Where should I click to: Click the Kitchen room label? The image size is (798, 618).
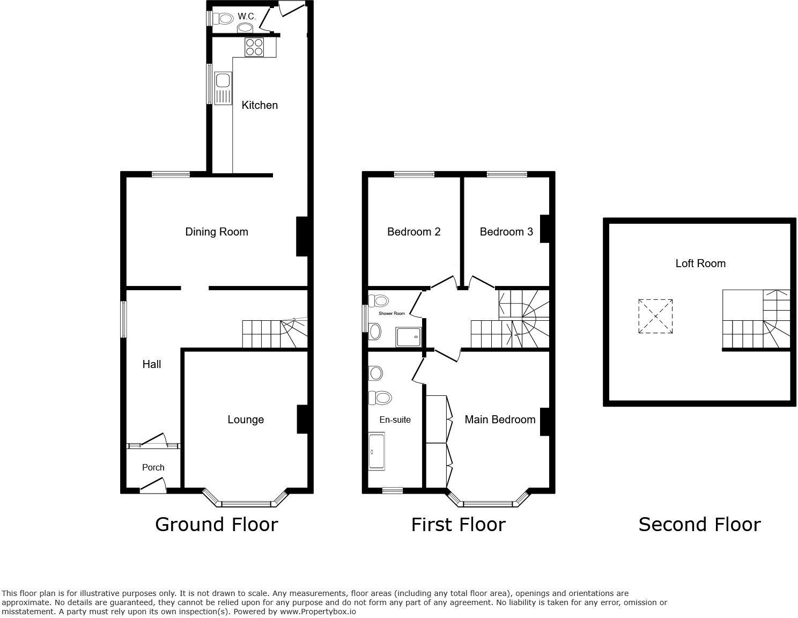(x=260, y=105)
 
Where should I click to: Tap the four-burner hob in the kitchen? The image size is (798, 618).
(x=254, y=47)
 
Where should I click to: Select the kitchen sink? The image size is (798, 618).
(x=222, y=89)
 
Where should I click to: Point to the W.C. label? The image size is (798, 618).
(x=247, y=17)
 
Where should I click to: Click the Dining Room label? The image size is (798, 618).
(x=216, y=232)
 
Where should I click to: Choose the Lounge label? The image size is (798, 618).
(x=246, y=420)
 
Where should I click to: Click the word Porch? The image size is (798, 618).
(x=153, y=467)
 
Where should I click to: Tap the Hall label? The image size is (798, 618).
(x=152, y=364)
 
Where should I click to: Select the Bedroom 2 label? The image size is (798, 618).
(x=413, y=232)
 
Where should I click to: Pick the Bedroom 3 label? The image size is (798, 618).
(x=506, y=232)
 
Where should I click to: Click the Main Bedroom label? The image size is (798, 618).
(x=500, y=420)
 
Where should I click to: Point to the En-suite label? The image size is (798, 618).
(x=395, y=420)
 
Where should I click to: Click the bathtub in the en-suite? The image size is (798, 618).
(x=376, y=452)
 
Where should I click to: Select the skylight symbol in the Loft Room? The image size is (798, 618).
(x=655, y=317)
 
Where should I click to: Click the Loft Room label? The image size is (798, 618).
(x=700, y=263)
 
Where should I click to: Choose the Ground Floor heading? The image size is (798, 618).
(x=216, y=524)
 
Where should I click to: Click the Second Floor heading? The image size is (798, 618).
(x=699, y=524)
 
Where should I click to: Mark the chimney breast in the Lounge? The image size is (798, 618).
(x=302, y=419)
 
